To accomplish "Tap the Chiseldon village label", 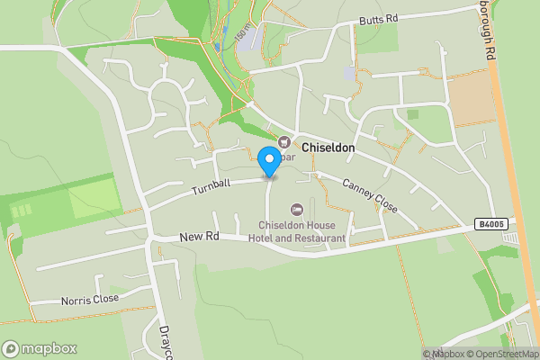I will pyautogui.click(x=328, y=147).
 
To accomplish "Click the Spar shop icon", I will pyautogui.click(x=284, y=141).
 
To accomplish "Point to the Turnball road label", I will pyautogui.click(x=211, y=187).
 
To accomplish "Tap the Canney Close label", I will pyautogui.click(x=369, y=193).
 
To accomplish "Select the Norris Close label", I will pyautogui.click(x=89, y=299).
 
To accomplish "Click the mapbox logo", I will pyautogui.click(x=40, y=348).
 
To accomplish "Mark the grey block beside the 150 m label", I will pyautogui.click(x=253, y=37).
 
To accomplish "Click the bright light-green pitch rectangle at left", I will pyautogui.click(x=94, y=199).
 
